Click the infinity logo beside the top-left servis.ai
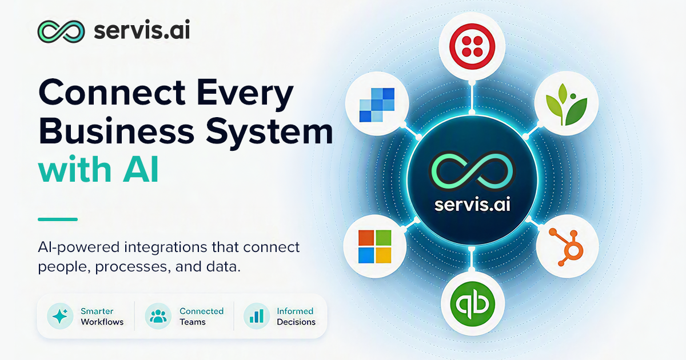click(61, 31)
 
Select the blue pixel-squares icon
click(377, 105)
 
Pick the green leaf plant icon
click(567, 105)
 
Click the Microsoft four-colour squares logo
click(375, 246)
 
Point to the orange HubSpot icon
click(567, 247)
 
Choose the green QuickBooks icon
click(473, 304)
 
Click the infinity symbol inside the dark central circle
click(472, 170)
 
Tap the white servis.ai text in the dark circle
click(472, 205)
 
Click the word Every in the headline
click(245, 93)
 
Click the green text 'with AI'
click(98, 169)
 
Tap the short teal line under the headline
click(58, 219)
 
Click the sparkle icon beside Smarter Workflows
click(60, 316)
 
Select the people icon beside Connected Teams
click(158, 316)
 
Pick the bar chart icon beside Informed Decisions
click(257, 316)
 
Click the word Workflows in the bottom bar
click(102, 322)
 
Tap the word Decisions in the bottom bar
click(296, 322)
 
